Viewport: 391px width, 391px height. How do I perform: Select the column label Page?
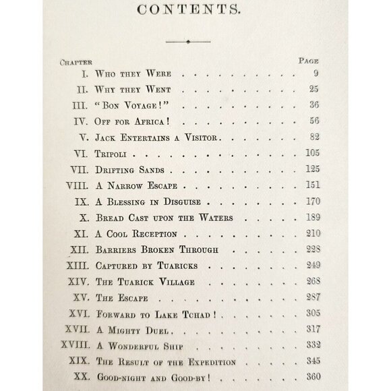click(309, 60)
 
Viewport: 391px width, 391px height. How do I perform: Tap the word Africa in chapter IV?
click(156, 121)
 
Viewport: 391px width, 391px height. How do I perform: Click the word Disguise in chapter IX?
click(183, 202)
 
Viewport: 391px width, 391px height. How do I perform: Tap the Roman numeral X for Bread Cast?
click(84, 218)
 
